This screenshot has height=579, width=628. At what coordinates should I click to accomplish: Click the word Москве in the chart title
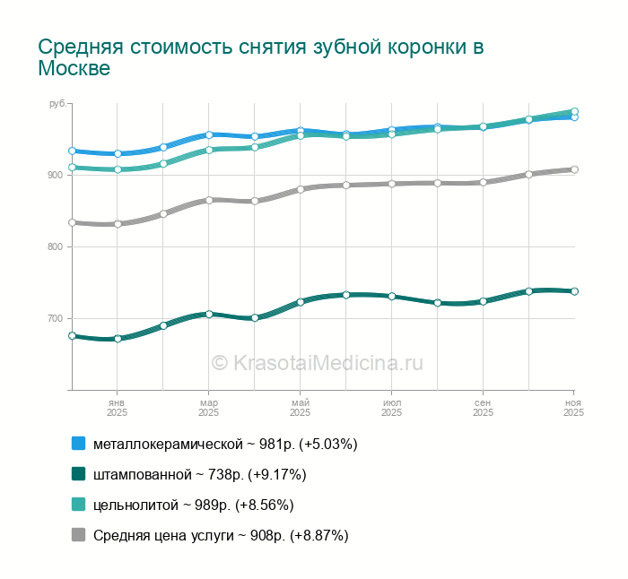point(74,69)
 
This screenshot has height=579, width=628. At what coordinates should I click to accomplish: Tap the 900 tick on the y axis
point(55,175)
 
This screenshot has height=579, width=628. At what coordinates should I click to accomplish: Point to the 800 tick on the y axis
point(55,246)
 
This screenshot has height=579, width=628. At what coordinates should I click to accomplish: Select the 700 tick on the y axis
point(55,318)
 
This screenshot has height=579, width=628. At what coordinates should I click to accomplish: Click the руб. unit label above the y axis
point(58,104)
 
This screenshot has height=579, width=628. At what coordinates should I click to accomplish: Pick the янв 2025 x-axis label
point(117,408)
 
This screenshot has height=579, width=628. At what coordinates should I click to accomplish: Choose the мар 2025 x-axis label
point(208,408)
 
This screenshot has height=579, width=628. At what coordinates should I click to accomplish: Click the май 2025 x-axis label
point(300,408)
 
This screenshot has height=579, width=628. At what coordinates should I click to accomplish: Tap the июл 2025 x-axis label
point(391,408)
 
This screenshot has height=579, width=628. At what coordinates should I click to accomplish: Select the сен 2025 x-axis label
point(483,408)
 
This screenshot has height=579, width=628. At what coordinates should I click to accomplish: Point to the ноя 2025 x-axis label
point(573,408)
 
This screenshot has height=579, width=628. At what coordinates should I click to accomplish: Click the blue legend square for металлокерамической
point(78,444)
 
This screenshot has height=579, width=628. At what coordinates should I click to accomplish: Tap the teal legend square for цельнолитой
point(78,505)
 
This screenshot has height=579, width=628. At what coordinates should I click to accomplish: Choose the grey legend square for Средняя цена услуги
point(78,535)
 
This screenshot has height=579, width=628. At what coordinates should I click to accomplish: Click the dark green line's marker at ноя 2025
point(574,291)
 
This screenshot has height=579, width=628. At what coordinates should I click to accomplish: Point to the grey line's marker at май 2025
point(301,189)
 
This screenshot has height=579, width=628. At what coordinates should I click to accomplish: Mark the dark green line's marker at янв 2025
point(118,339)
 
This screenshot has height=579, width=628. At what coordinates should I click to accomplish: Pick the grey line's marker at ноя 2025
point(574,169)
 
